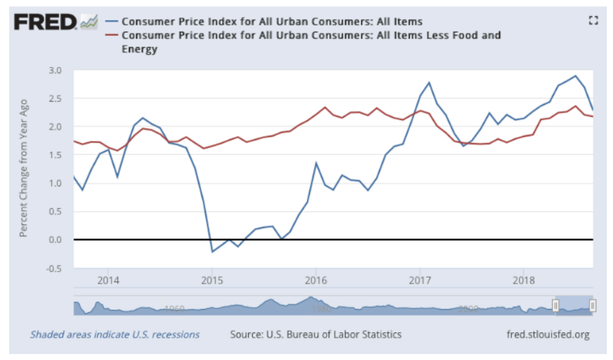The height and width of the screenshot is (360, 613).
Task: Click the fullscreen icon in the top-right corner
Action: tap(593, 21)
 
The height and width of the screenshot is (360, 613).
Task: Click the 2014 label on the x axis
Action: tap(108, 278)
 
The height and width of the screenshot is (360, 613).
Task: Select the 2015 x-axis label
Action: tap(212, 278)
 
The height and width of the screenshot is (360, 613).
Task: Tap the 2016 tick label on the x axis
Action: tap(316, 278)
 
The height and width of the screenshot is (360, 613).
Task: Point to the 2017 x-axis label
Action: tap(420, 278)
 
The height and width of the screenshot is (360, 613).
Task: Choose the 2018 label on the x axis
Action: tap(524, 278)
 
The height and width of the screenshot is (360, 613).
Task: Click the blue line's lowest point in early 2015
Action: tap(213, 251)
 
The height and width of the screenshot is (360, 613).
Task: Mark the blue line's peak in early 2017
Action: tap(429, 82)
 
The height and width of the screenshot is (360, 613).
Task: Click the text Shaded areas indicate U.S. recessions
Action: tap(115, 335)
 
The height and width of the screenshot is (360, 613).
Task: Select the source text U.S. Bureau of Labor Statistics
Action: tap(330, 335)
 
